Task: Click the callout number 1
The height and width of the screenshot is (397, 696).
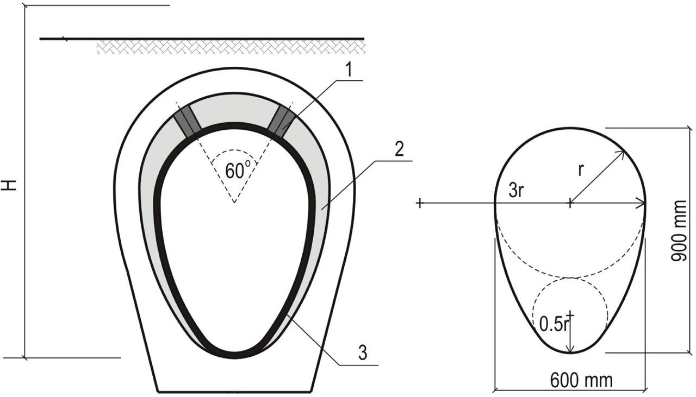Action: (x=349, y=70)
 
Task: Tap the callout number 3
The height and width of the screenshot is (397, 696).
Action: (x=363, y=353)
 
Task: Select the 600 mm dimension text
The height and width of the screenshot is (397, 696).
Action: (x=582, y=381)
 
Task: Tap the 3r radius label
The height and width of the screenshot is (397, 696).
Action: (x=517, y=191)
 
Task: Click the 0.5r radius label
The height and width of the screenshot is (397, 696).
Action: (x=554, y=324)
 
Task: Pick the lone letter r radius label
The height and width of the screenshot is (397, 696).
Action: (x=581, y=171)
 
